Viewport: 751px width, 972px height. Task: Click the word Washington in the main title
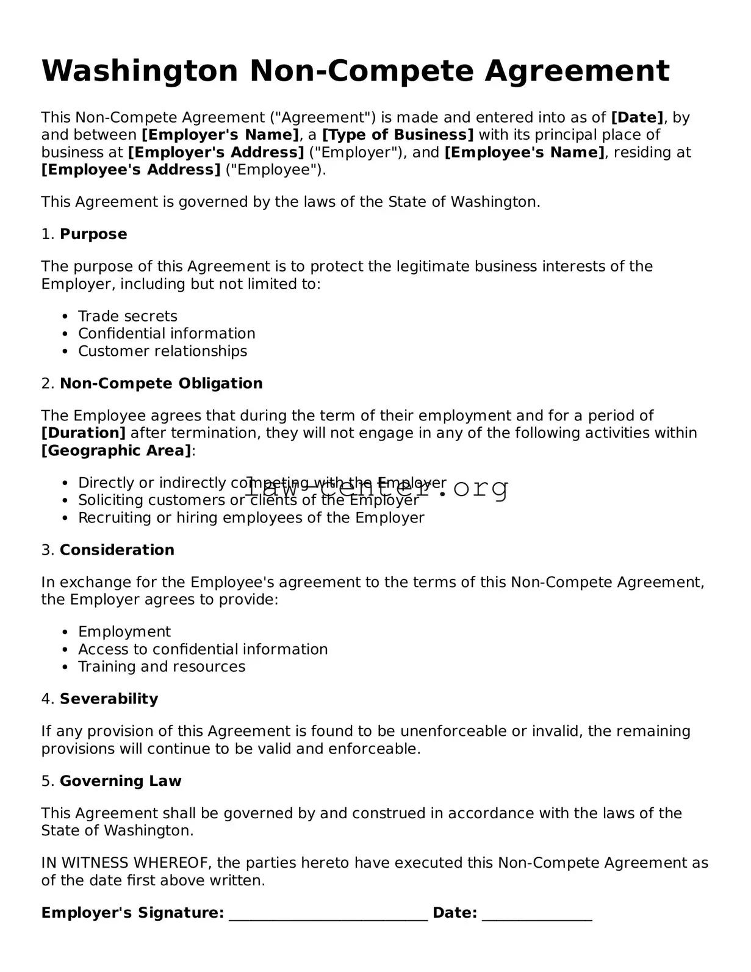pos(139,71)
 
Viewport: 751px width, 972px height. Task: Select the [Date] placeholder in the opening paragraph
pos(637,117)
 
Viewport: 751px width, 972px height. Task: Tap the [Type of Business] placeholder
pos(398,135)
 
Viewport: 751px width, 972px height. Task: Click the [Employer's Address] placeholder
pos(215,152)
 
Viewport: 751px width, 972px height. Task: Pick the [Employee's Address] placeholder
pos(131,170)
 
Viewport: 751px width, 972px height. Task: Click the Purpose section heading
pos(93,234)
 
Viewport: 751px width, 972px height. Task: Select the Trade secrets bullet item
pos(128,316)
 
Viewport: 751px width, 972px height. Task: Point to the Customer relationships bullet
pos(162,351)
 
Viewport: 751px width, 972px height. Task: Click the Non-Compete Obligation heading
pos(161,383)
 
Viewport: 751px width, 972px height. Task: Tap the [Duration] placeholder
pos(84,433)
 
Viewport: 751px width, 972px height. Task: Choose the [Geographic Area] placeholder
pos(116,451)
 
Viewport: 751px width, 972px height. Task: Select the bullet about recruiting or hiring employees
pos(251,518)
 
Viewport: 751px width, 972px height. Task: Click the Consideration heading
pos(117,550)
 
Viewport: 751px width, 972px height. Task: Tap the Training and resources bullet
pos(162,666)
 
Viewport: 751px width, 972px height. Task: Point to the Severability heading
pos(109,699)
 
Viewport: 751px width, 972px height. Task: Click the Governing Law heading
pos(120,781)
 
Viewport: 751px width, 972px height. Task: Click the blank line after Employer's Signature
pos(328,914)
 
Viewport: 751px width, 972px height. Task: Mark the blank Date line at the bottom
pos(537,914)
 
